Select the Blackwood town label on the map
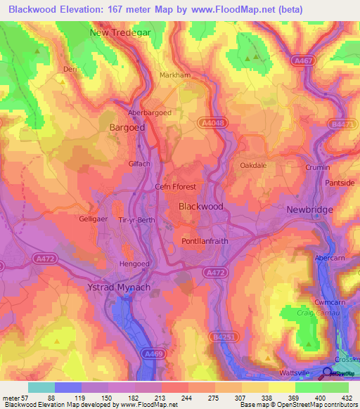click(x=201, y=207)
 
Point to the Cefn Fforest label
click(x=175, y=187)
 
